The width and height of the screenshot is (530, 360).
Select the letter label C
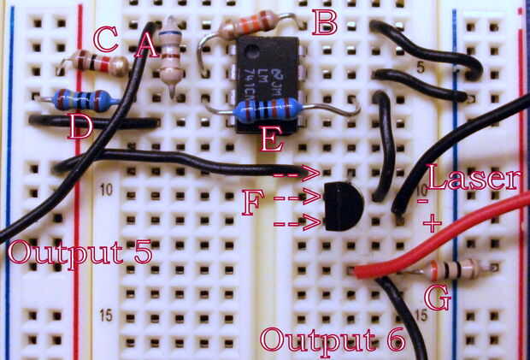click(x=105, y=38)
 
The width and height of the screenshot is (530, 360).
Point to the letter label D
click(x=79, y=129)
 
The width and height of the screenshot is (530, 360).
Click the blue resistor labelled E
click(x=268, y=109)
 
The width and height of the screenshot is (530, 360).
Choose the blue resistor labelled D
click(x=82, y=100)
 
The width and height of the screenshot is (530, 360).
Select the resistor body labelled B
click(x=248, y=25)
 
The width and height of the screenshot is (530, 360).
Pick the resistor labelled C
click(x=97, y=62)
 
